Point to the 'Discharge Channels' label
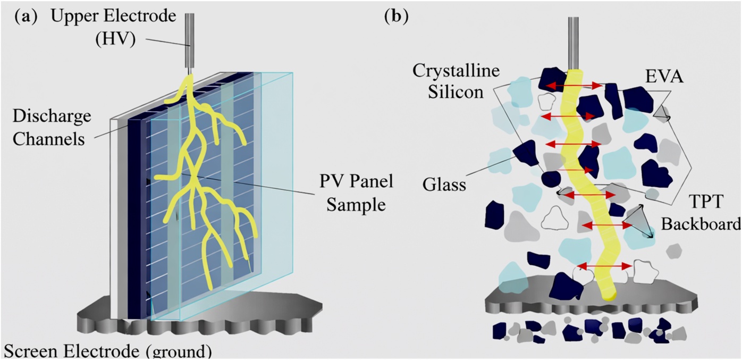click(x=48, y=128)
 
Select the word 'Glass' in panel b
click(x=444, y=185)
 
